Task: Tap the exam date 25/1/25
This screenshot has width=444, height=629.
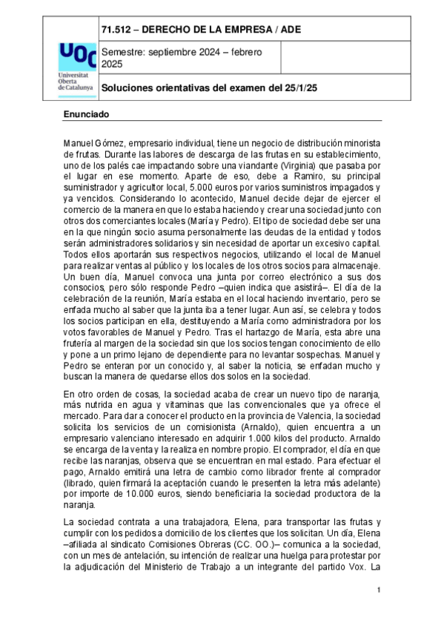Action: [x=302, y=88]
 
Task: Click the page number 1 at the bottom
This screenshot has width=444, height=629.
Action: [x=379, y=590]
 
